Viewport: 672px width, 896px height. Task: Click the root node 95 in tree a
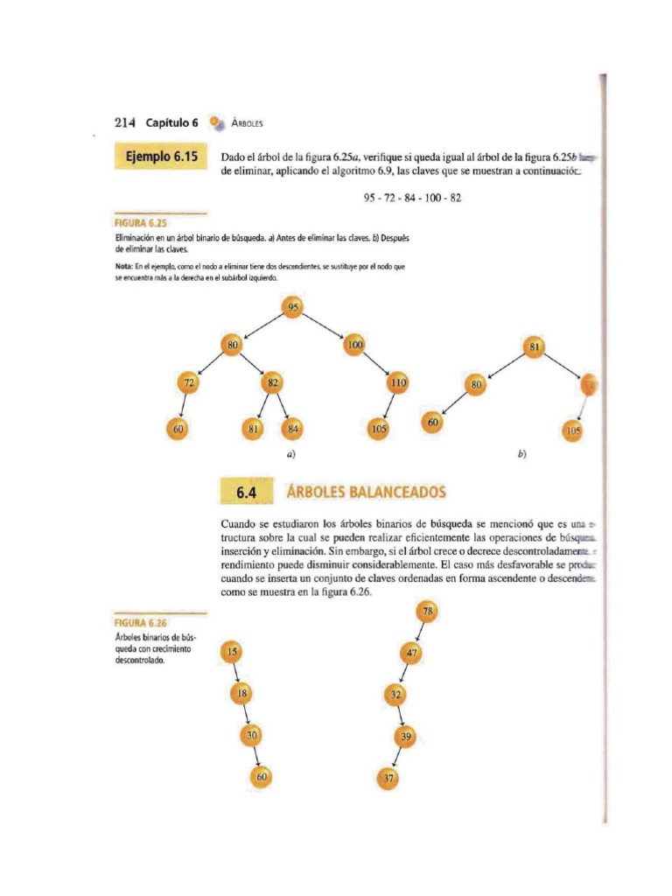tap(293, 307)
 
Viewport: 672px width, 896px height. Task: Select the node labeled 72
tap(189, 383)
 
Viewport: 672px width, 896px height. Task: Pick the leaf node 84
tap(292, 429)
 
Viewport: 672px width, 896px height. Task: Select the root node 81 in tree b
tap(533, 346)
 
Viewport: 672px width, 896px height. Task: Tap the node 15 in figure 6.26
tap(233, 652)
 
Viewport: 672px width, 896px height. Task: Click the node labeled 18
tap(242, 693)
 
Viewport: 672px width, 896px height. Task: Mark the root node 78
tap(429, 612)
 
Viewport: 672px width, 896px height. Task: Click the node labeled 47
tap(412, 653)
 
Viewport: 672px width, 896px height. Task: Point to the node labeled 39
tap(404, 737)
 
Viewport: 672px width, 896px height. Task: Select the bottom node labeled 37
tap(388, 777)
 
